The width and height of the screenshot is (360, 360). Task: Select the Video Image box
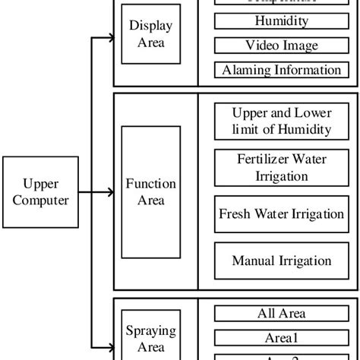click(x=281, y=46)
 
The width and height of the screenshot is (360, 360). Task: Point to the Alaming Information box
click(x=281, y=70)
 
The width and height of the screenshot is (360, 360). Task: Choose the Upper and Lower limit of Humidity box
click(x=281, y=122)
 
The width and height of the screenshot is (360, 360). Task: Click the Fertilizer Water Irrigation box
click(x=281, y=167)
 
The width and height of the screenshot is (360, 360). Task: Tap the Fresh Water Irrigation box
click(x=281, y=213)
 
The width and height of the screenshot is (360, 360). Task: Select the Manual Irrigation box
click(x=281, y=261)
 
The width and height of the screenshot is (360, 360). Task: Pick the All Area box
click(x=281, y=312)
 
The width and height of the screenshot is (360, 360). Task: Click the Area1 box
click(x=281, y=336)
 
